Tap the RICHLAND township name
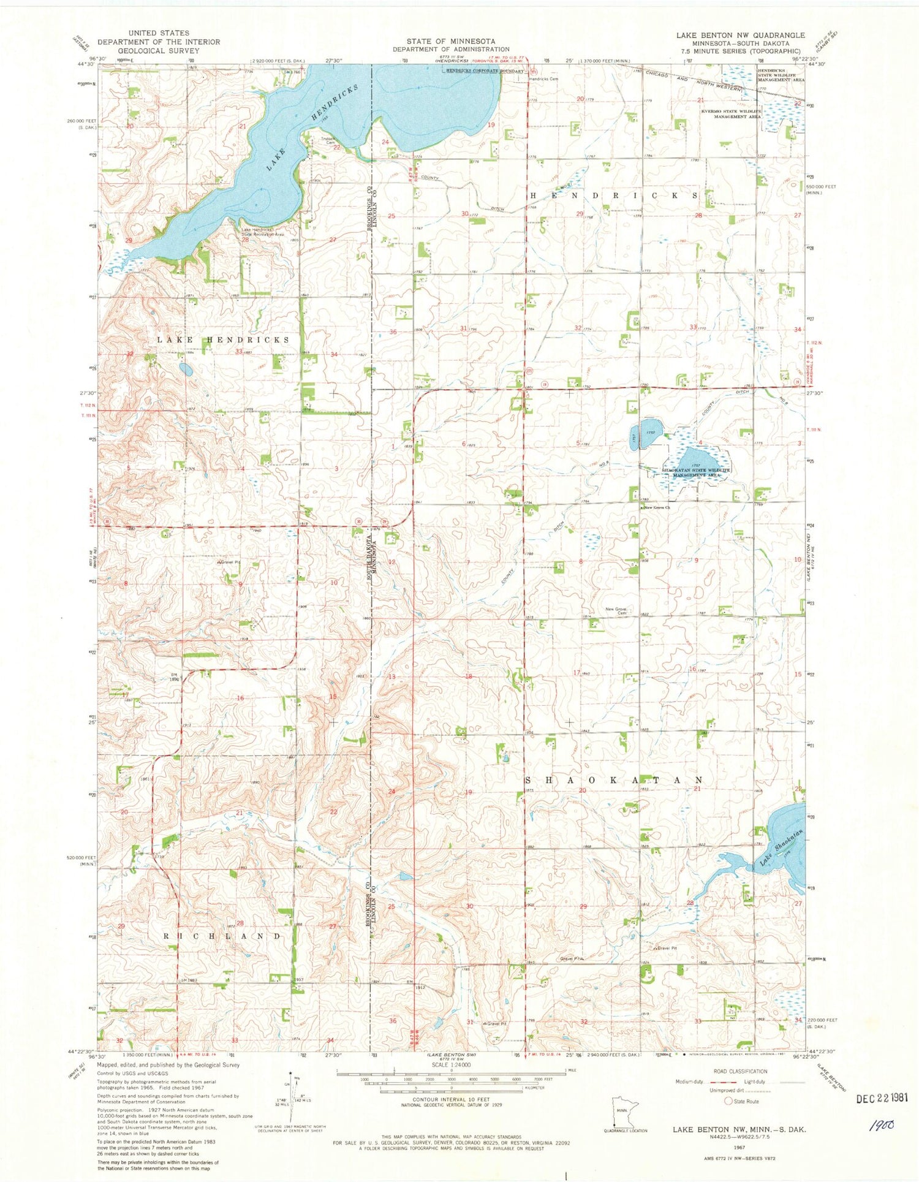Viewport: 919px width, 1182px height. tap(222, 936)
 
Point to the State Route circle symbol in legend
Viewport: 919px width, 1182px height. tap(729, 1101)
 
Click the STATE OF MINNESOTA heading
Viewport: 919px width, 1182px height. tap(450, 41)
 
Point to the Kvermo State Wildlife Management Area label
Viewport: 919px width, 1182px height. tap(731, 113)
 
